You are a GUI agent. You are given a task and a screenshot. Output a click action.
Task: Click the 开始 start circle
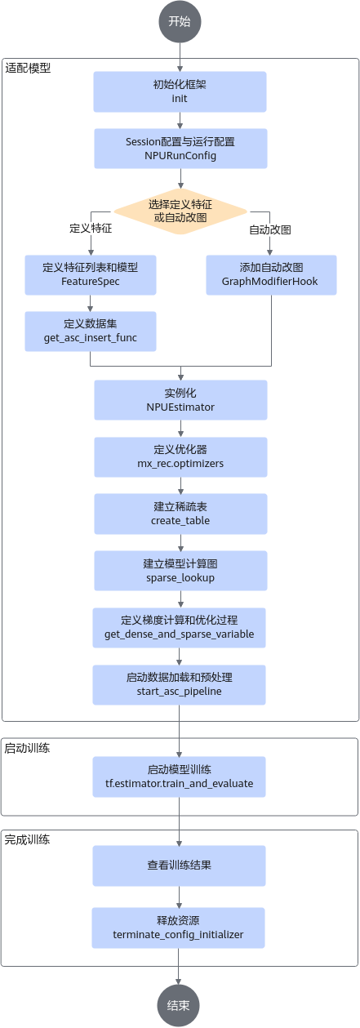pyautogui.click(x=180, y=21)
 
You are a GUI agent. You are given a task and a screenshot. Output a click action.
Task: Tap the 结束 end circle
pyautogui.click(x=179, y=1005)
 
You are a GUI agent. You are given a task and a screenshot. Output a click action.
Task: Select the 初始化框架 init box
pyautogui.click(x=180, y=91)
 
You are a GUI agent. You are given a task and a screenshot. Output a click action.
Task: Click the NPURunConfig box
pyautogui.click(x=180, y=149)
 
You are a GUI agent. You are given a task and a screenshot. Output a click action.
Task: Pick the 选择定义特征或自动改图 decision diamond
pyautogui.click(x=180, y=211)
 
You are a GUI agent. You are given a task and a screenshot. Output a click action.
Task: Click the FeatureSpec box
pyautogui.click(x=91, y=274)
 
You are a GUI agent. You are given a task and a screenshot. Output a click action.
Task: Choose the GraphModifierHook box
pyautogui.click(x=271, y=274)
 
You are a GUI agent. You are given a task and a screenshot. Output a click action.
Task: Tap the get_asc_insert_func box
pyautogui.click(x=91, y=332)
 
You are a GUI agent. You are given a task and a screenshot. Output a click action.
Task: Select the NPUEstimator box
pyautogui.click(x=180, y=400)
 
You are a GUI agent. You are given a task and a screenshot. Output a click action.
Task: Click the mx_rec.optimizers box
pyautogui.click(x=180, y=457)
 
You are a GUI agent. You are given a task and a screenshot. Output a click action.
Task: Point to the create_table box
pyautogui.click(x=180, y=514)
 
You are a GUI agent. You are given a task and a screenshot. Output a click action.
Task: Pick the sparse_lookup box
pyautogui.click(x=180, y=571)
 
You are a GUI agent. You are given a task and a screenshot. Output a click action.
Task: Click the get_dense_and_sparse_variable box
pyautogui.click(x=180, y=627)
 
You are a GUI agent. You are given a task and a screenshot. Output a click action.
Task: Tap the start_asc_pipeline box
pyautogui.click(x=180, y=685)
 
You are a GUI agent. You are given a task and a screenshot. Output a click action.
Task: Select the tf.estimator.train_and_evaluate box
pyautogui.click(x=180, y=777)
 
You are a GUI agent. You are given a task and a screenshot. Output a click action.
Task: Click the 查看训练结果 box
pyautogui.click(x=180, y=866)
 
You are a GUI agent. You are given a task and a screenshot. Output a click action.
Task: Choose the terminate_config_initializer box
pyautogui.click(x=179, y=928)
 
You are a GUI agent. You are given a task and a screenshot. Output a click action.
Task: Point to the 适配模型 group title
pyautogui.click(x=28, y=69)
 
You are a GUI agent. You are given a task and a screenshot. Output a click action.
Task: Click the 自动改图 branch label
pyautogui.click(x=270, y=229)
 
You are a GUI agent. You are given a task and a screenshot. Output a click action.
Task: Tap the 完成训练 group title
pyautogui.click(x=27, y=840)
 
